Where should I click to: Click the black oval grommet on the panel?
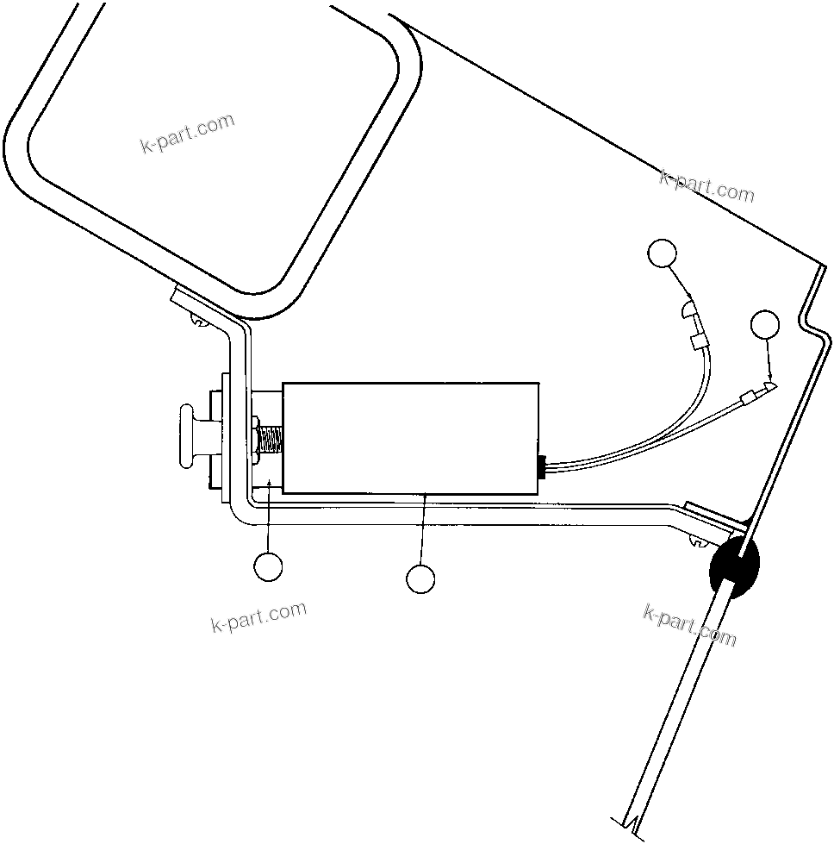click(735, 567)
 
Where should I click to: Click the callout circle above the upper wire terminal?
click(662, 253)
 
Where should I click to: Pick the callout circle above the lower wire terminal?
click(765, 325)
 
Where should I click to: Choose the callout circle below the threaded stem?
click(268, 566)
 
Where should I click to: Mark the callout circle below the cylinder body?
click(420, 578)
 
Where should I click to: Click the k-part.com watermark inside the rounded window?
click(187, 133)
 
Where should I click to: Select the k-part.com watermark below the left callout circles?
click(258, 616)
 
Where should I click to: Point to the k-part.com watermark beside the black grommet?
click(689, 625)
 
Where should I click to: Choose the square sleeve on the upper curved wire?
click(699, 342)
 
